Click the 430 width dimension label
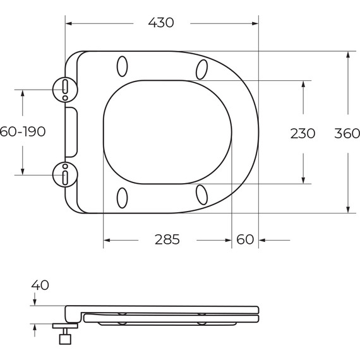[x=161, y=23]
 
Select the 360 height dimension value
[x=347, y=133]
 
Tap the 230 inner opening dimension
[x=303, y=133]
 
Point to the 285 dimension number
[x=167, y=239]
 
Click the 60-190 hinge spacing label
[x=23, y=131]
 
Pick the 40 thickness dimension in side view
[x=39, y=285]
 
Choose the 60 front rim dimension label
[x=245, y=239]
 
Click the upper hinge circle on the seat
[x=65, y=89]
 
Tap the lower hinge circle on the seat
[x=65, y=174]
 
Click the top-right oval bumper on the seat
[x=202, y=68]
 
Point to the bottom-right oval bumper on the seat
[x=202, y=195]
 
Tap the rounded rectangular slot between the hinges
[x=71, y=131]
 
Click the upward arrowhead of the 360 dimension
[x=347, y=56]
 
